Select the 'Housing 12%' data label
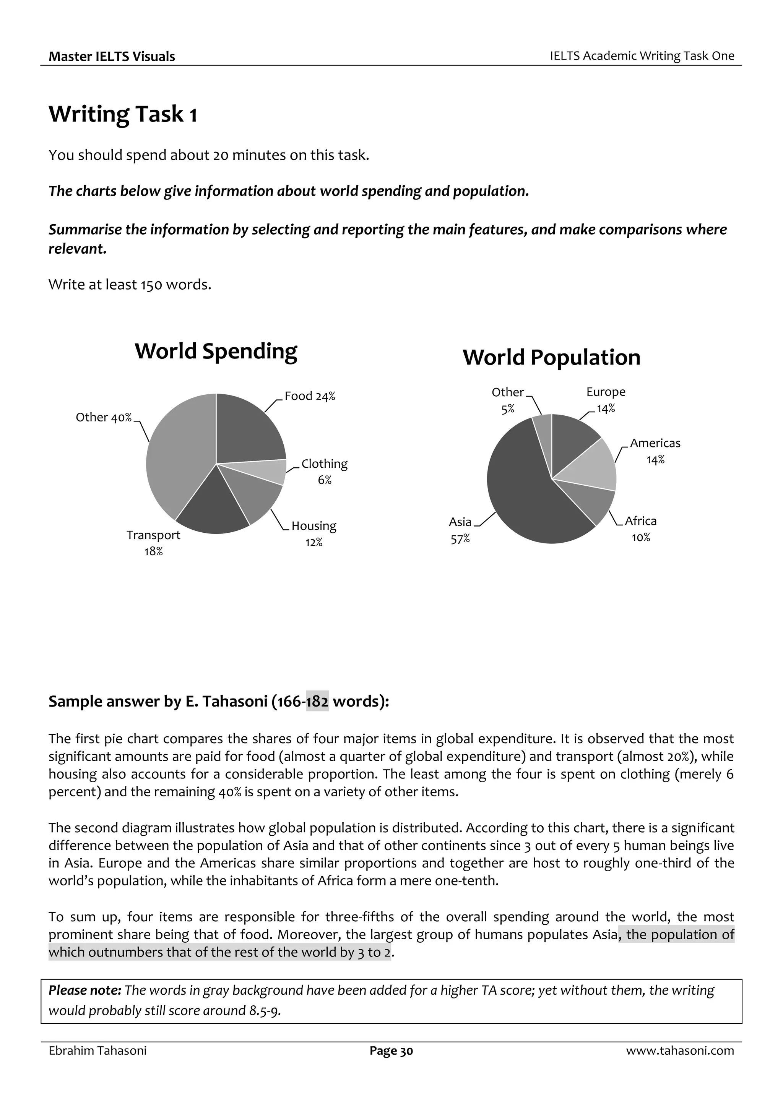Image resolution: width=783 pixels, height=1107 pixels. coord(314,534)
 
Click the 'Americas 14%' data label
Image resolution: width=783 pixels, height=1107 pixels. coord(655,451)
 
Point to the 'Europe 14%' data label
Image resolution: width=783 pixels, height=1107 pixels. coord(606,400)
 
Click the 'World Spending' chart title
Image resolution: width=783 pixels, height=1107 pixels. coord(216,351)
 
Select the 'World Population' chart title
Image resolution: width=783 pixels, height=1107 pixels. coord(551,358)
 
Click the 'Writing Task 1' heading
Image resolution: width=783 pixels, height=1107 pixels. coord(123,115)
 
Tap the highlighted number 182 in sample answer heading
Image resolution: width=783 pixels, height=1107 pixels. coord(317,702)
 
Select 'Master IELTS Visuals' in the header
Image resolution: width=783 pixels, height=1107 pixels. coord(112,57)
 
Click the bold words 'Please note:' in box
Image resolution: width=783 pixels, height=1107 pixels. coord(84,990)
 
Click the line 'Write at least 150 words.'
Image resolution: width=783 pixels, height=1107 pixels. coord(130,285)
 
